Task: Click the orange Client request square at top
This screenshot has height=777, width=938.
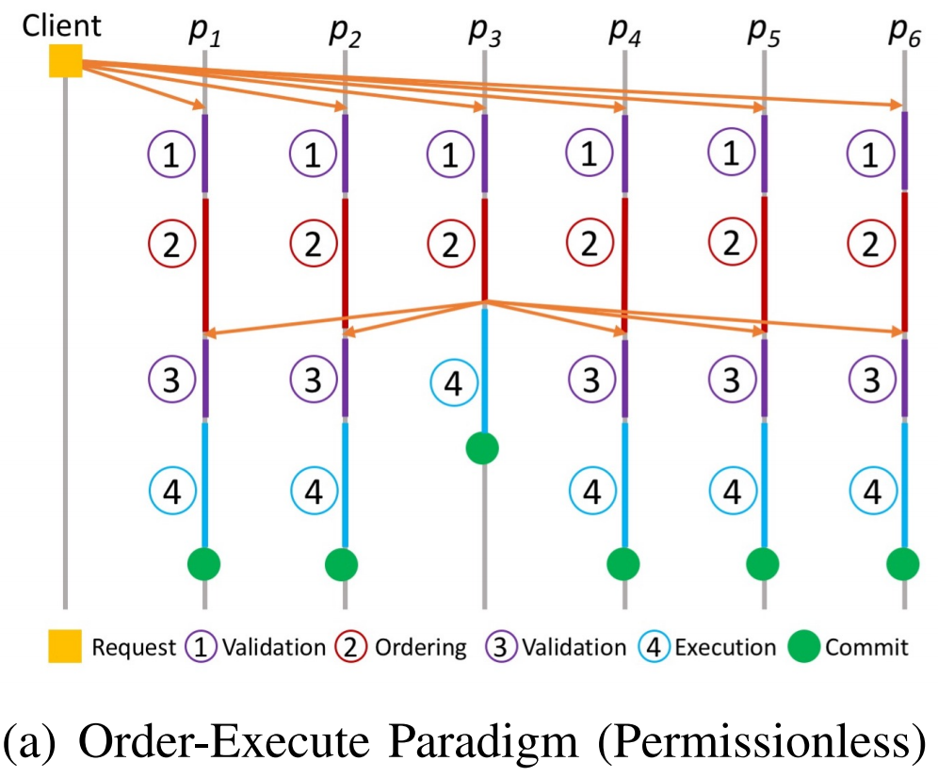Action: [x=65, y=61]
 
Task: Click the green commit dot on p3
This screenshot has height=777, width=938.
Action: [x=482, y=447]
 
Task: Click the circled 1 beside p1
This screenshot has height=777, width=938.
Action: [x=170, y=154]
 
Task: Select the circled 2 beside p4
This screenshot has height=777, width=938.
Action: [x=590, y=245]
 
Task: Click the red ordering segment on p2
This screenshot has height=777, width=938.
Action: [x=345, y=264]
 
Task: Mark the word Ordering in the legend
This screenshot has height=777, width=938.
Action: [x=421, y=648]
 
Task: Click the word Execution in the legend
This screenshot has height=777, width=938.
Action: [x=726, y=648]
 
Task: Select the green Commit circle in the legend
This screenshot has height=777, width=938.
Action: [x=803, y=647]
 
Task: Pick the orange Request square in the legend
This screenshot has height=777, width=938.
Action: [x=65, y=647]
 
